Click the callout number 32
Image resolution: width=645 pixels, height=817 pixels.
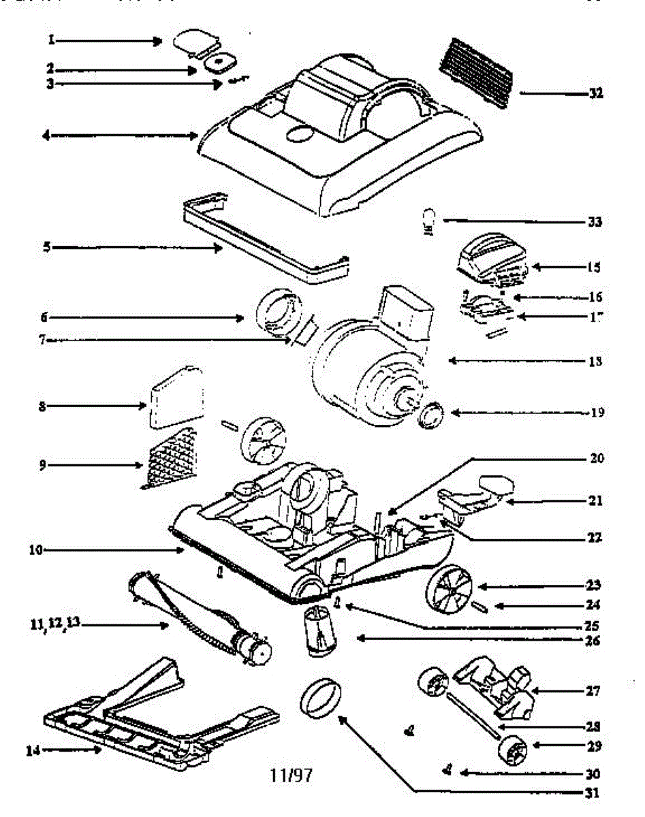595,93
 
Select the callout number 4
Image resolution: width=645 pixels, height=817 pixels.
46,136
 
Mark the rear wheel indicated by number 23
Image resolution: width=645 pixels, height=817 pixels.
450,586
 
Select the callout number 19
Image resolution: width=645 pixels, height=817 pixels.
596,413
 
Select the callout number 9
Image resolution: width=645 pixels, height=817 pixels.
44,466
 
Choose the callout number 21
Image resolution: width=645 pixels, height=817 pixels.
595,501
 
